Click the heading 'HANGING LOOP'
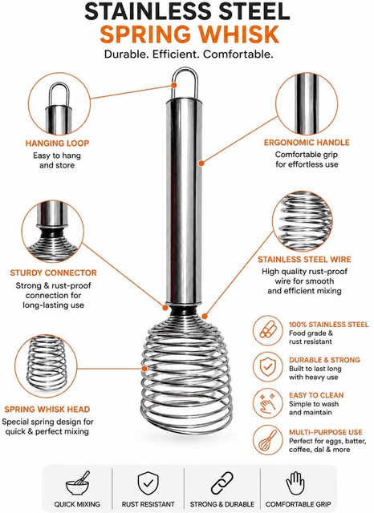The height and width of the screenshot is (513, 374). [x=57, y=143]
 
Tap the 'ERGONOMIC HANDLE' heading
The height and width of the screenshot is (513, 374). [x=307, y=143]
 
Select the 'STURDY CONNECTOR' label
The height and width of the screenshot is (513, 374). [x=54, y=273]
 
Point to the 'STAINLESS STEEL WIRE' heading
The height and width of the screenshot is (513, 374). [x=304, y=260]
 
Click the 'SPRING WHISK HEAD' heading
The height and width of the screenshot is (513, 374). [x=47, y=410]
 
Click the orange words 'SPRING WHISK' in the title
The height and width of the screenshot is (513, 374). [x=189, y=34]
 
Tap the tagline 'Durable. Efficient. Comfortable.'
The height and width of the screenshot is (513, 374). [x=189, y=54]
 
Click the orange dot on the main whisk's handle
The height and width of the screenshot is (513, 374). [x=201, y=163]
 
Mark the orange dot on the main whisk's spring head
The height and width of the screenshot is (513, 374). [x=144, y=369]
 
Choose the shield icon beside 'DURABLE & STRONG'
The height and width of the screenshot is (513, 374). [x=267, y=367]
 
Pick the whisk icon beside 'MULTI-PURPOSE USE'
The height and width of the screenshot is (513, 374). [x=267, y=440]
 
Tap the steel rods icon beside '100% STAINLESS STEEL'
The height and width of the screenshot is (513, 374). [x=267, y=330]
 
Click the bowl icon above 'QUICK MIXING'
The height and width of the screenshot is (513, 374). [x=78, y=483]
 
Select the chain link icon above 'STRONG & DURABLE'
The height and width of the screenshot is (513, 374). [x=222, y=483]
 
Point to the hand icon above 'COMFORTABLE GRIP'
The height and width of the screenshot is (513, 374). [x=295, y=483]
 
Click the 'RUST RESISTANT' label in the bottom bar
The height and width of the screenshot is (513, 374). [x=148, y=504]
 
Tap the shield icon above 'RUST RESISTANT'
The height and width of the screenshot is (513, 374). [x=148, y=483]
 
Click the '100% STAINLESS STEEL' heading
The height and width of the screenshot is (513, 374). [x=328, y=325]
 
